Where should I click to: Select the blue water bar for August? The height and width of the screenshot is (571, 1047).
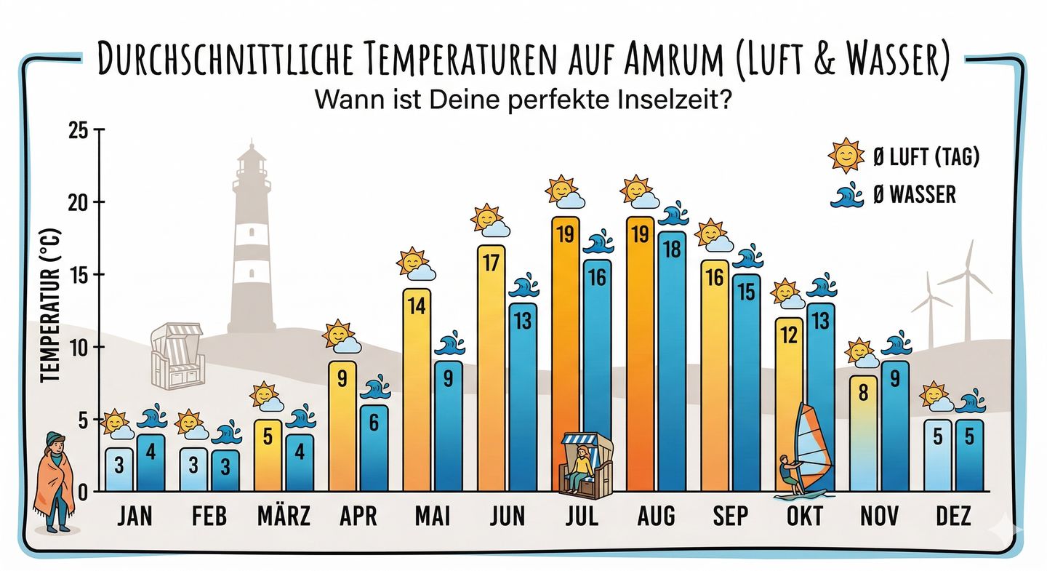(x=672, y=364)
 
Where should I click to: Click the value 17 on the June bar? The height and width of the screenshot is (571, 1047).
(x=491, y=262)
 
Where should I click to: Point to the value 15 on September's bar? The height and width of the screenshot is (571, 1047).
(x=747, y=291)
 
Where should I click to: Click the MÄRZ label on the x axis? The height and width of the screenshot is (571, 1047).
(x=284, y=516)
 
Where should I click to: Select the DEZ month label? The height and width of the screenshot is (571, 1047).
(x=954, y=516)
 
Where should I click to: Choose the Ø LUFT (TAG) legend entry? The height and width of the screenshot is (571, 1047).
(x=904, y=156)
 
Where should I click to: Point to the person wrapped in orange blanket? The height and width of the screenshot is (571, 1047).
(x=55, y=480)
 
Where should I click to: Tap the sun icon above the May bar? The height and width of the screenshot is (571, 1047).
(x=412, y=260)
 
